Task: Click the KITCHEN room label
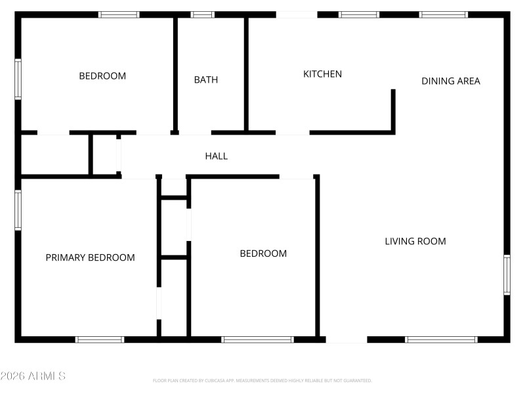coord(322,74)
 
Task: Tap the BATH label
coord(206,80)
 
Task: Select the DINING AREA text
coord(451,81)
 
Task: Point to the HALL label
coord(217,156)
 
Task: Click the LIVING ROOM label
coord(415,242)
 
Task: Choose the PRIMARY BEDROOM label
coord(90,257)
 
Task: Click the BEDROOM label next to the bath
coord(102,76)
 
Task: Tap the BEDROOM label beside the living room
coord(263,253)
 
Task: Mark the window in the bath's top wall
coord(203,14)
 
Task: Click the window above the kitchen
coord(359,14)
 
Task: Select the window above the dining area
coord(443,14)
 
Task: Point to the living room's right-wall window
coord(507,274)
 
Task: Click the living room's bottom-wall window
coord(441,339)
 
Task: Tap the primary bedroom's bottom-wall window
coord(100,339)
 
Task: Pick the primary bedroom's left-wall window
coord(18,210)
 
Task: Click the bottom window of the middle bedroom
coord(257,339)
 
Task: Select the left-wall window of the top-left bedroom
coord(18,79)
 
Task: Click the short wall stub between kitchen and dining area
coord(393,110)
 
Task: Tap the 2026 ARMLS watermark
coord(33,376)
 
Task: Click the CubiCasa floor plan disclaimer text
coord(262,381)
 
